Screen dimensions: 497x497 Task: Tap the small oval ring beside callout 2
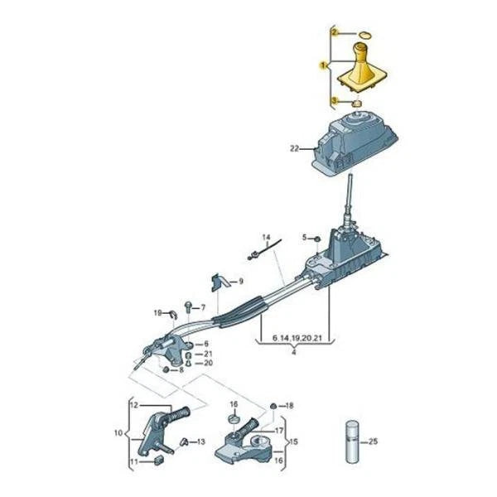click(365, 35)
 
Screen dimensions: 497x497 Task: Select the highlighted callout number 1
click(324, 65)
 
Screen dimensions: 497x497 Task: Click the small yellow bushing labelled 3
click(357, 103)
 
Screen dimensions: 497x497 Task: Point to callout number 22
click(294, 148)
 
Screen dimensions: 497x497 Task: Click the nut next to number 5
click(317, 239)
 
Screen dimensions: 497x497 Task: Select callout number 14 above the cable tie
click(266, 237)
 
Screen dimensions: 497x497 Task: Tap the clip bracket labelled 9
click(219, 282)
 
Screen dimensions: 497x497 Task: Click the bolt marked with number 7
click(187, 306)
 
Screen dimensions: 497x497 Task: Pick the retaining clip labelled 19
click(172, 314)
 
